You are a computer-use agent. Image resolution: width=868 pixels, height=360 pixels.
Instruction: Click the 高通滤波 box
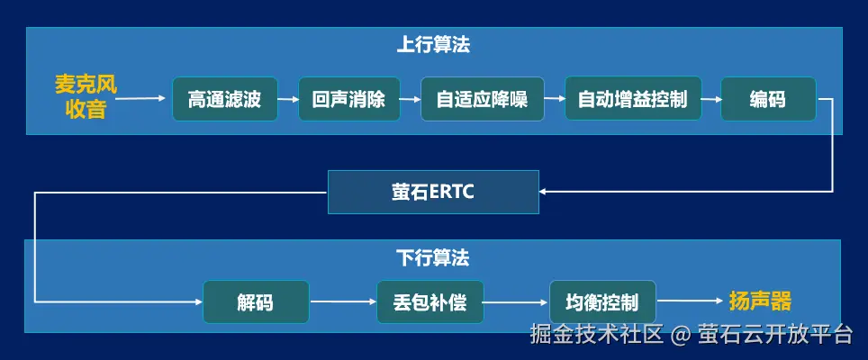224,99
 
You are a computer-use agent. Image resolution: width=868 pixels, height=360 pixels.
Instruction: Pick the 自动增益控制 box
632,99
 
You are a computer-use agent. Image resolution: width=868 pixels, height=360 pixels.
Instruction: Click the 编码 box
767,99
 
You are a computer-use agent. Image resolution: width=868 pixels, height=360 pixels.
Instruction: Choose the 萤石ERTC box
433,192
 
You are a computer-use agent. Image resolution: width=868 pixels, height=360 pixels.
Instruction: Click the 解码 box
255,302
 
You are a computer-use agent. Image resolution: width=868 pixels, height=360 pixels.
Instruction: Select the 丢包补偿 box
429,302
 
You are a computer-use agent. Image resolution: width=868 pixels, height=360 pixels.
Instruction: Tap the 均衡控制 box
601,302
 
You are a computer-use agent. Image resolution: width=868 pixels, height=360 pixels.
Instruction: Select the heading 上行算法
433,44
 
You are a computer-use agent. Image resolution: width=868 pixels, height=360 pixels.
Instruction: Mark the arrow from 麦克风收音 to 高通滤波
143,99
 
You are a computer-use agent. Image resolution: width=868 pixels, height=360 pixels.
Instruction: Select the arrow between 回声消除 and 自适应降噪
410,99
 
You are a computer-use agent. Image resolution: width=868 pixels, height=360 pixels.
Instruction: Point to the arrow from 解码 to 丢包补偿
342,302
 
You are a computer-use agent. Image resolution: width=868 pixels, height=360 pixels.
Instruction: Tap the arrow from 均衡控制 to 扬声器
689,302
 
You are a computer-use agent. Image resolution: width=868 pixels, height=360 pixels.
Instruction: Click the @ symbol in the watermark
682,336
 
